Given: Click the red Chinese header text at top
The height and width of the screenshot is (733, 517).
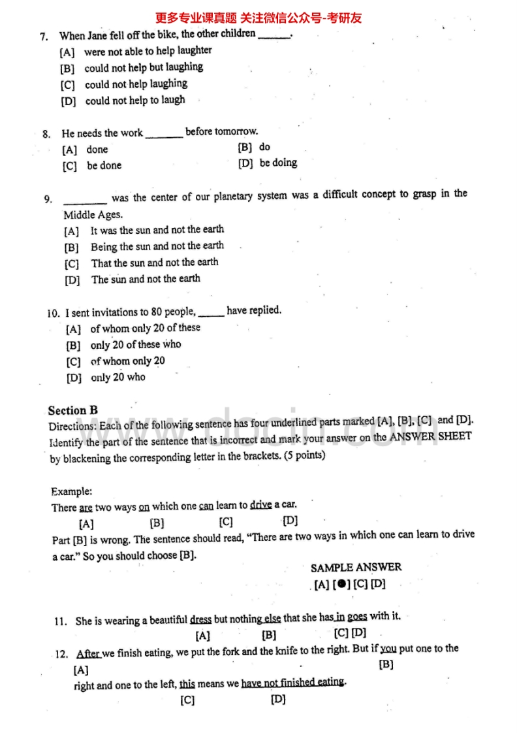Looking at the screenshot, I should [x=258, y=18].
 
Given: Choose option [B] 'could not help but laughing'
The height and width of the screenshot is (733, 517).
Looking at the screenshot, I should [x=144, y=67].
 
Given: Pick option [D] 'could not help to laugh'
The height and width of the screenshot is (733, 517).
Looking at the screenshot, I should [x=135, y=101].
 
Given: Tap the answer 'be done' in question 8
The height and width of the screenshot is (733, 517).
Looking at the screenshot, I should [x=104, y=166].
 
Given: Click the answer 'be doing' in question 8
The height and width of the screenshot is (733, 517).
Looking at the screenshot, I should [x=278, y=163].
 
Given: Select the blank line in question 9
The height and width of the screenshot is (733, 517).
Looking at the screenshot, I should [x=85, y=200].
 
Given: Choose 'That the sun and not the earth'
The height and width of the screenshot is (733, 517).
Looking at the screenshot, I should [x=155, y=263].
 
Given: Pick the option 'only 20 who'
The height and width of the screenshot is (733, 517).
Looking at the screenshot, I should [x=118, y=378].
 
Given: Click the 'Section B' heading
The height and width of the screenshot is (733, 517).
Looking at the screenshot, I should [x=72, y=411].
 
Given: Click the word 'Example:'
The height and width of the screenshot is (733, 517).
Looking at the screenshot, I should [x=72, y=491].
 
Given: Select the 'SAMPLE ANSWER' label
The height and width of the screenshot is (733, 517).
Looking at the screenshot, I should [x=356, y=567].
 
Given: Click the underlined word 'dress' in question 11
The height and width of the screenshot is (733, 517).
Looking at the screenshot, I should [x=201, y=619].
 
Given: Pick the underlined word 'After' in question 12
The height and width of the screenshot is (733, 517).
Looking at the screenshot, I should [x=88, y=653].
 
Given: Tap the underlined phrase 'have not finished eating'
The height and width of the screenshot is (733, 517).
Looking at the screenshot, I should [x=293, y=683].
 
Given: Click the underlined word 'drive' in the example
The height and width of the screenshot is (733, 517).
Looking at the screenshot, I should [x=260, y=505].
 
